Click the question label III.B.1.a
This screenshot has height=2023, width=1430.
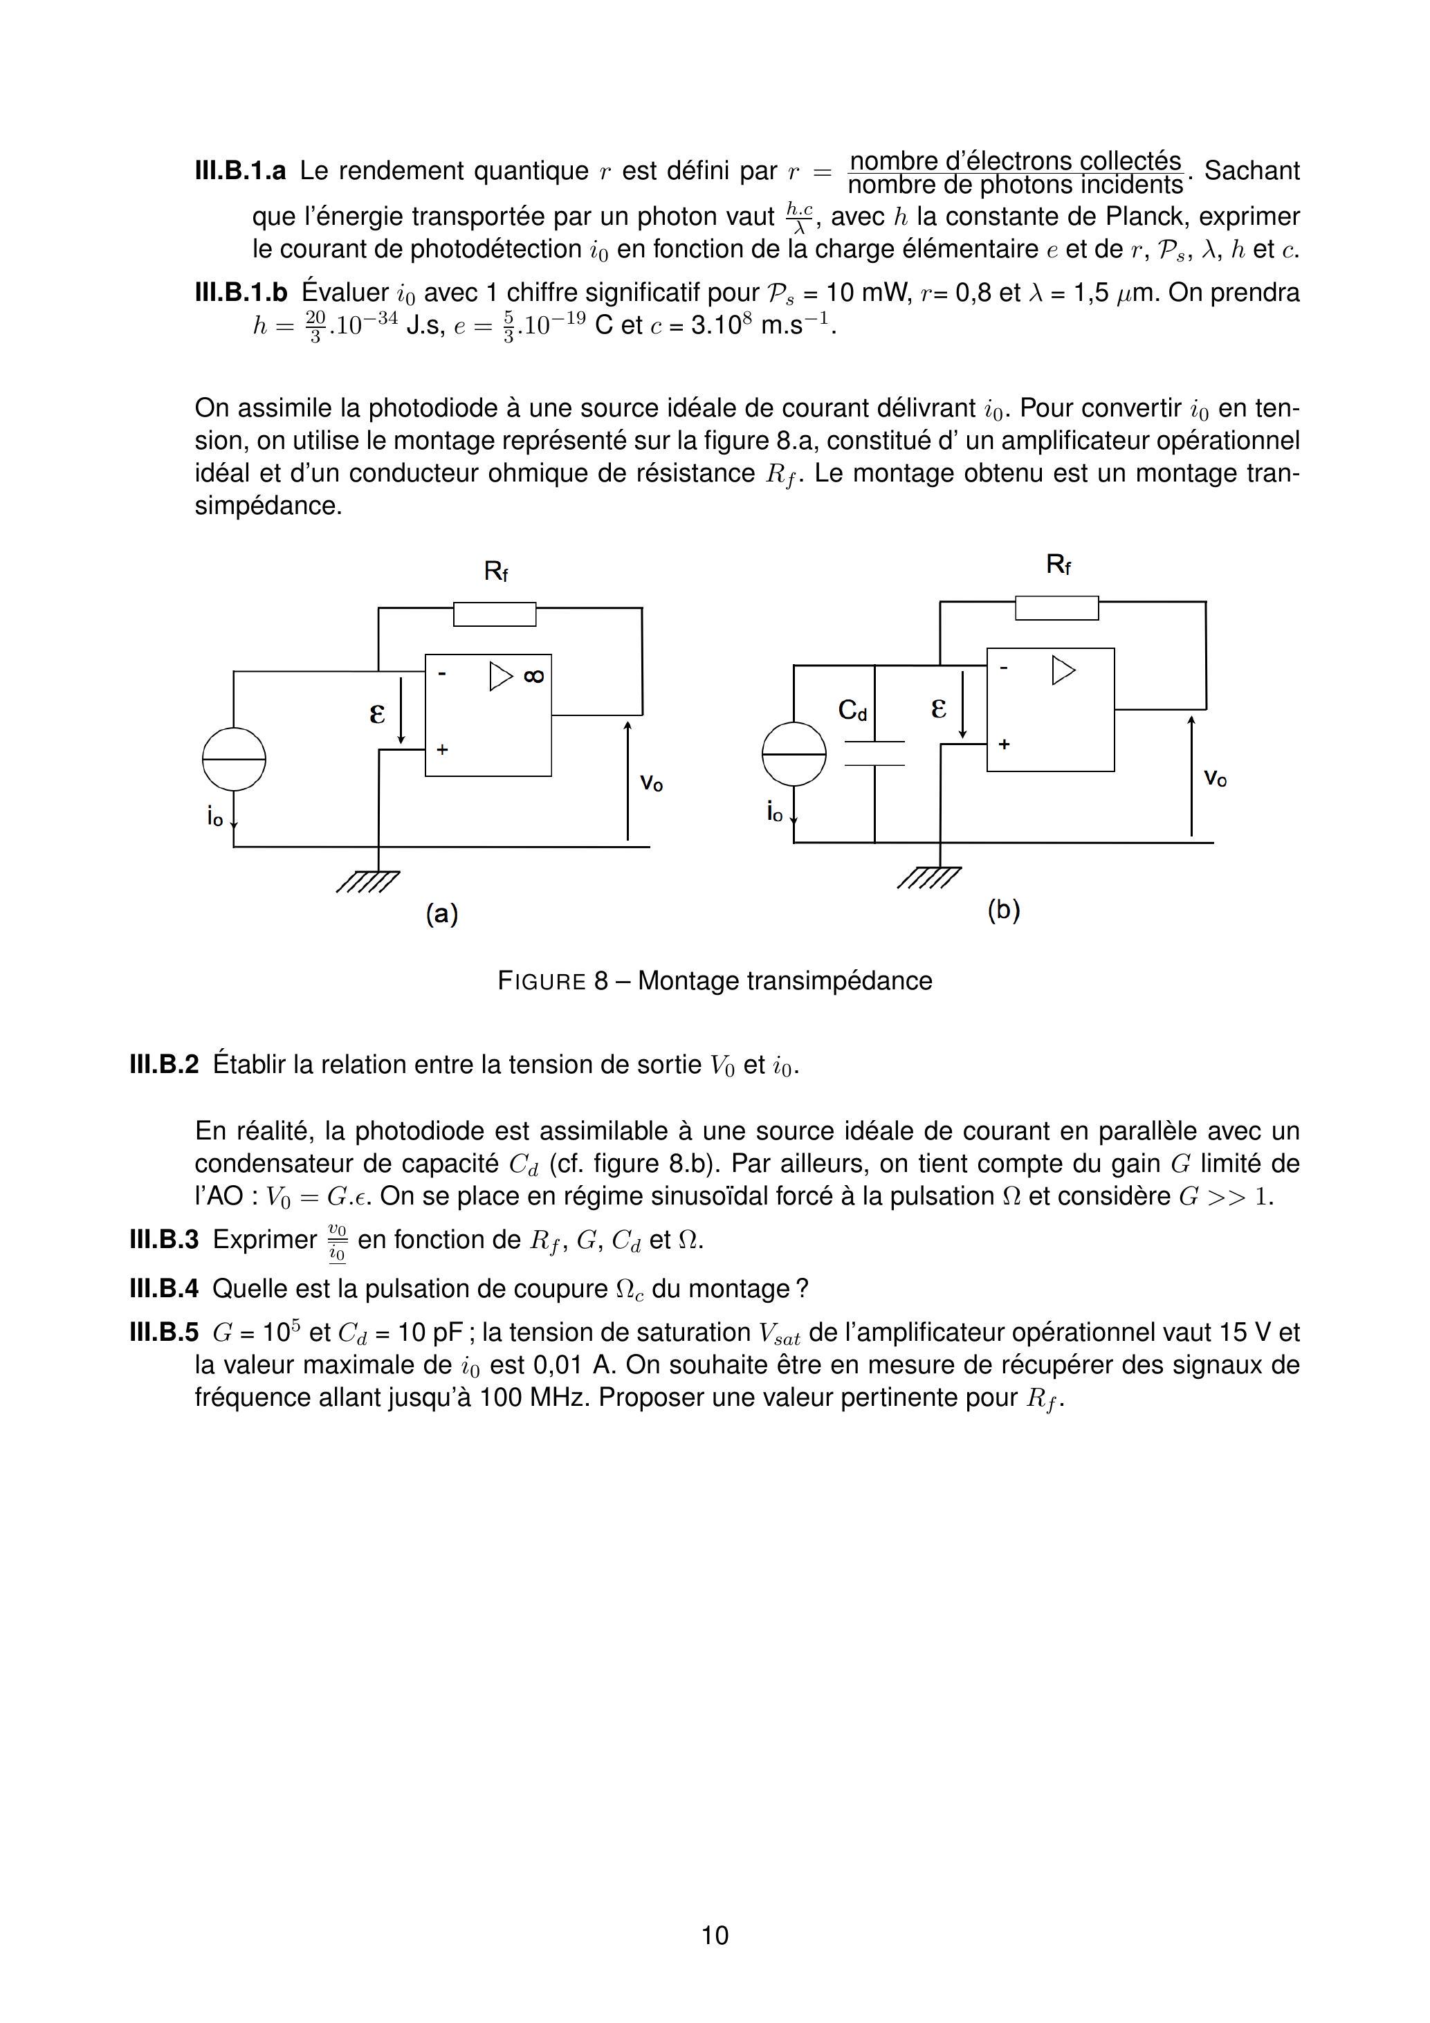tap(239, 171)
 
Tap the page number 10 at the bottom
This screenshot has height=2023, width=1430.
tap(715, 1935)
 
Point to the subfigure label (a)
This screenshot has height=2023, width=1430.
tap(442, 914)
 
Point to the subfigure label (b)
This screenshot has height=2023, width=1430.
tap(1004, 909)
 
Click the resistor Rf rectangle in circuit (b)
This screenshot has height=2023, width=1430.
tap(1056, 608)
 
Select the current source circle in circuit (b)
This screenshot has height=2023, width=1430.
tap(794, 753)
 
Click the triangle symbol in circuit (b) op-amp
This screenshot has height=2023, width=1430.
tap(1063, 670)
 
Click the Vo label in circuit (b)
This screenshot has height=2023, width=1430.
tap(1215, 778)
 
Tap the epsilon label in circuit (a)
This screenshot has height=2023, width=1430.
tap(377, 712)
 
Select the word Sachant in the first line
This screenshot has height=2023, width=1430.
tap(1251, 171)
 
